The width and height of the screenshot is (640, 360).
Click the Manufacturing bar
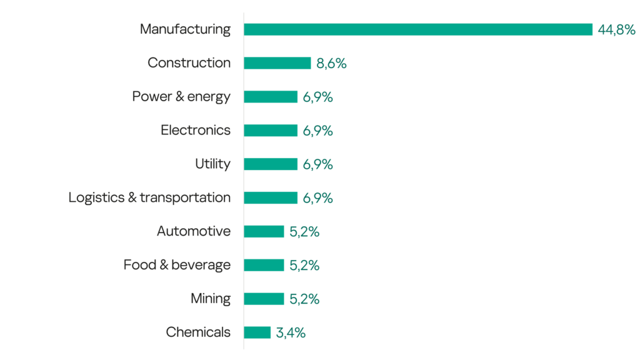tap(417, 29)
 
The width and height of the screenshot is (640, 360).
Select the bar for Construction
tap(277, 63)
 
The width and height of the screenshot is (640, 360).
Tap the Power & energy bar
tap(270, 97)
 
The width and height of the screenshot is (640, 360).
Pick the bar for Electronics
tap(270, 131)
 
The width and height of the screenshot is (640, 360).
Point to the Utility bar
tap(270, 164)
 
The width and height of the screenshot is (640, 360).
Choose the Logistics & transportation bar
tap(270, 198)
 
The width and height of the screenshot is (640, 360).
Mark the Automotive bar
tap(264, 232)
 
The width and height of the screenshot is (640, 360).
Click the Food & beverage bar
tap(264, 266)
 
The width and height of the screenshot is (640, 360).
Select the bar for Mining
tap(264, 299)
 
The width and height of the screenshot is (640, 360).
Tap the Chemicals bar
tap(257, 332)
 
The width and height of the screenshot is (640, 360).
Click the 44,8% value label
tap(616, 29)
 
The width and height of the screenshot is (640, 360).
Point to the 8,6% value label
tap(331, 63)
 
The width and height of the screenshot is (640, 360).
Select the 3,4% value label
tap(291, 333)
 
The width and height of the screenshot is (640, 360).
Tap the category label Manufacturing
tap(185, 29)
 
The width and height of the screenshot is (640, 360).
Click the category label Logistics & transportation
tap(149, 198)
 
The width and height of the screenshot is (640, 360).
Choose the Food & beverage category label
tap(177, 265)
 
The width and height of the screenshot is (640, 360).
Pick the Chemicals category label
tap(198, 332)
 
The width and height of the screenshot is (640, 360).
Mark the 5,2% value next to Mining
tap(304, 299)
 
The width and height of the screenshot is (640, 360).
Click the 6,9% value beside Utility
tap(317, 164)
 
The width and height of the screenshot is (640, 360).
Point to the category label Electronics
tap(196, 131)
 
